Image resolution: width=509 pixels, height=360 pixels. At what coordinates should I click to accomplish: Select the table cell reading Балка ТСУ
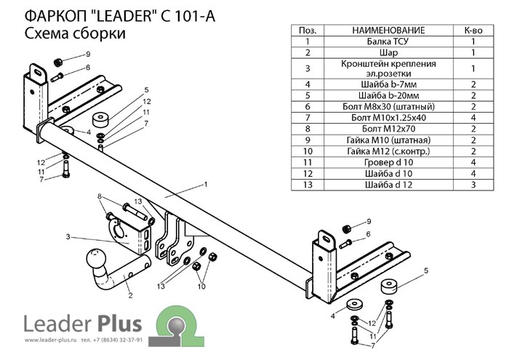coord(388,42)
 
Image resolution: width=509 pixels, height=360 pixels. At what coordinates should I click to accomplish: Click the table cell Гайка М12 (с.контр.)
coord(388,151)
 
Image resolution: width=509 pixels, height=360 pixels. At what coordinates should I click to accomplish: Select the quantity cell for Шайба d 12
coord(473,185)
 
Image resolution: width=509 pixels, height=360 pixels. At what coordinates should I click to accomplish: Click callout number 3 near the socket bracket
coord(68,236)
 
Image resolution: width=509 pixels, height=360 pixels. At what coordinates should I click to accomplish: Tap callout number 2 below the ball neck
coord(129,295)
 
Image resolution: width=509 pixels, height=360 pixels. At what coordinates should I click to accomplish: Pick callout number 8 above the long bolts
coord(100,196)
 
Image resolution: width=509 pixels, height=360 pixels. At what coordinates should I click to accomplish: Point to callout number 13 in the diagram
coord(161,287)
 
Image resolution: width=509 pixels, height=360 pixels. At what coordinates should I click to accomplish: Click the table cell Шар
coord(388,53)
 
